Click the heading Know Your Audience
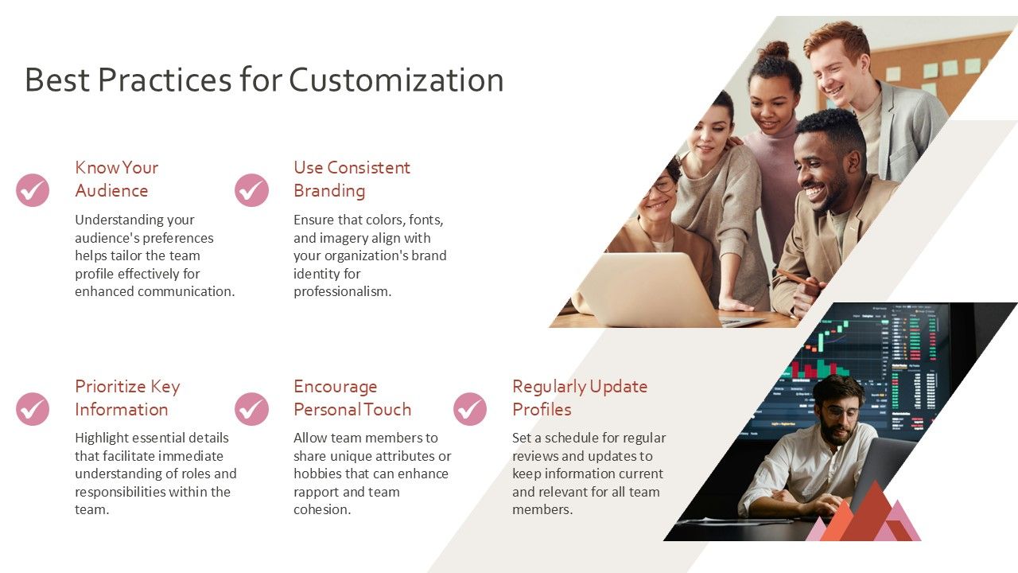(x=116, y=179)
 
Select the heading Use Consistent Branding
(x=352, y=179)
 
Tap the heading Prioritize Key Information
(x=127, y=398)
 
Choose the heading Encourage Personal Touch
(x=352, y=398)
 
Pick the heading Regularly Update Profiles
(x=579, y=398)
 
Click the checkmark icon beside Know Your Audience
(x=33, y=190)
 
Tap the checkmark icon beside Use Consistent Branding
(x=251, y=190)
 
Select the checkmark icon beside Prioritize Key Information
(x=33, y=409)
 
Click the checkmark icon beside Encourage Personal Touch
(x=251, y=409)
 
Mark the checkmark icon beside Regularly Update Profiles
(x=470, y=409)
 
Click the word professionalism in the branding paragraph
(x=342, y=291)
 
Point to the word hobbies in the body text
(x=317, y=474)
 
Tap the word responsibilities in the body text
(x=124, y=492)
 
